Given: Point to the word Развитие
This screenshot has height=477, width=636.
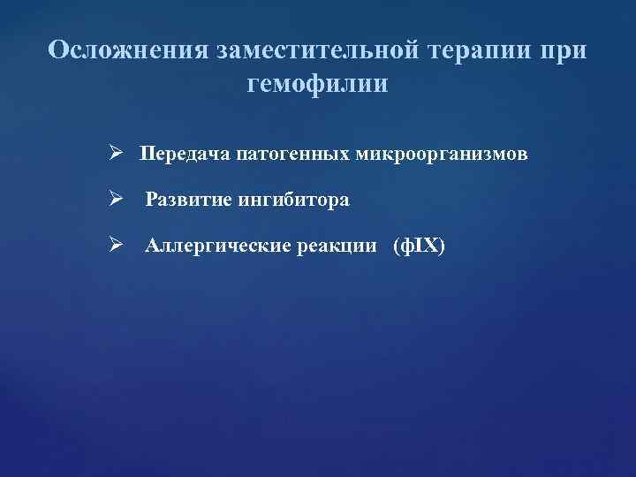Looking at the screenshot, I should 186,201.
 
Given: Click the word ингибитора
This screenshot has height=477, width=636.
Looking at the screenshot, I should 291,201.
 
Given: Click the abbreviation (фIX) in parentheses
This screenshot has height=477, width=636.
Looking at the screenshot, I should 420,246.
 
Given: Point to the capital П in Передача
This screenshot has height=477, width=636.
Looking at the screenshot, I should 146,155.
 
